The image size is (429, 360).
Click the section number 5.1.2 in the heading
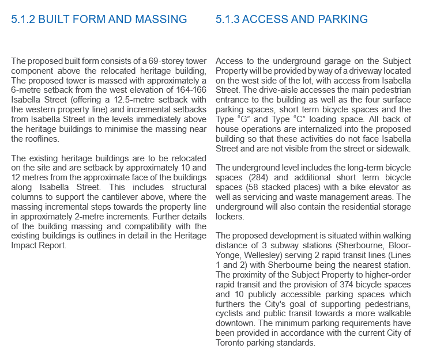[24, 20]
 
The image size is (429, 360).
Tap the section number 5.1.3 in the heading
[228, 20]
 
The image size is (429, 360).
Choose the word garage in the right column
[326, 61]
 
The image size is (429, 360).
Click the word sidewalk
[393, 148]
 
